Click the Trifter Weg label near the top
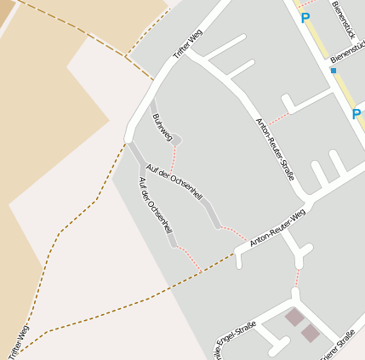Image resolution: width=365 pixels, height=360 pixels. tap(188, 44)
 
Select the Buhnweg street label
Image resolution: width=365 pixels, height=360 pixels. tap(162, 125)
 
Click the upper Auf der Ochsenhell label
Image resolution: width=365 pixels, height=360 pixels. tap(174, 180)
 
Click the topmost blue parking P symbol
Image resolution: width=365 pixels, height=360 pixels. tap(305, 17)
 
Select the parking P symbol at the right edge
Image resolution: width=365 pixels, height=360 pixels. tap(356, 113)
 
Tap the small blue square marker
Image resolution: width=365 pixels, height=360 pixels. tap(333, 71)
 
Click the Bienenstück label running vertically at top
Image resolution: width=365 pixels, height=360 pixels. tap(342, 17)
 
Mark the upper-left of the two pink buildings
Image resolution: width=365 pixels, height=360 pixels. tap(294, 317)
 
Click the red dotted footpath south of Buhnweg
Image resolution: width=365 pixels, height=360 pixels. tap(174, 157)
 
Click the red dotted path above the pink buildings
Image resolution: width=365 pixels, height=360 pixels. tap(298, 278)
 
